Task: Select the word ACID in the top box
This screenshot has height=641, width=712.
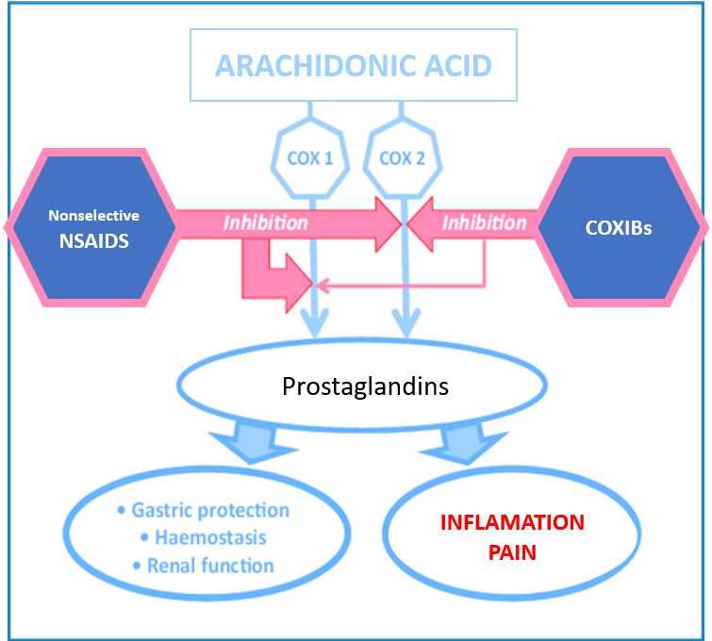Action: tap(457, 66)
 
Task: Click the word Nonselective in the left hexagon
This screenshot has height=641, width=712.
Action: tap(93, 215)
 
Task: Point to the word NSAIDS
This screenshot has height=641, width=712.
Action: tap(94, 241)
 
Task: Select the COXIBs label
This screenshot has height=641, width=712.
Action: tap(618, 228)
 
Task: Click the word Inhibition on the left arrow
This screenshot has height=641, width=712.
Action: tap(266, 222)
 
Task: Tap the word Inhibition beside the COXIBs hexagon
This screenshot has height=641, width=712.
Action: tap(484, 222)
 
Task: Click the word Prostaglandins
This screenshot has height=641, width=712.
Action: tap(365, 386)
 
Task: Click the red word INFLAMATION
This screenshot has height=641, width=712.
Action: tap(512, 522)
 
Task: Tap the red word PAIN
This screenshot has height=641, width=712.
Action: tap(512, 552)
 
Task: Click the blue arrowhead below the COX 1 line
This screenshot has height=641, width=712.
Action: tap(315, 323)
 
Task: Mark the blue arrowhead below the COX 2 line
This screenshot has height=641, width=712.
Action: tap(406, 323)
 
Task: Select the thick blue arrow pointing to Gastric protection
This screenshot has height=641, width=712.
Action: tap(253, 443)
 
